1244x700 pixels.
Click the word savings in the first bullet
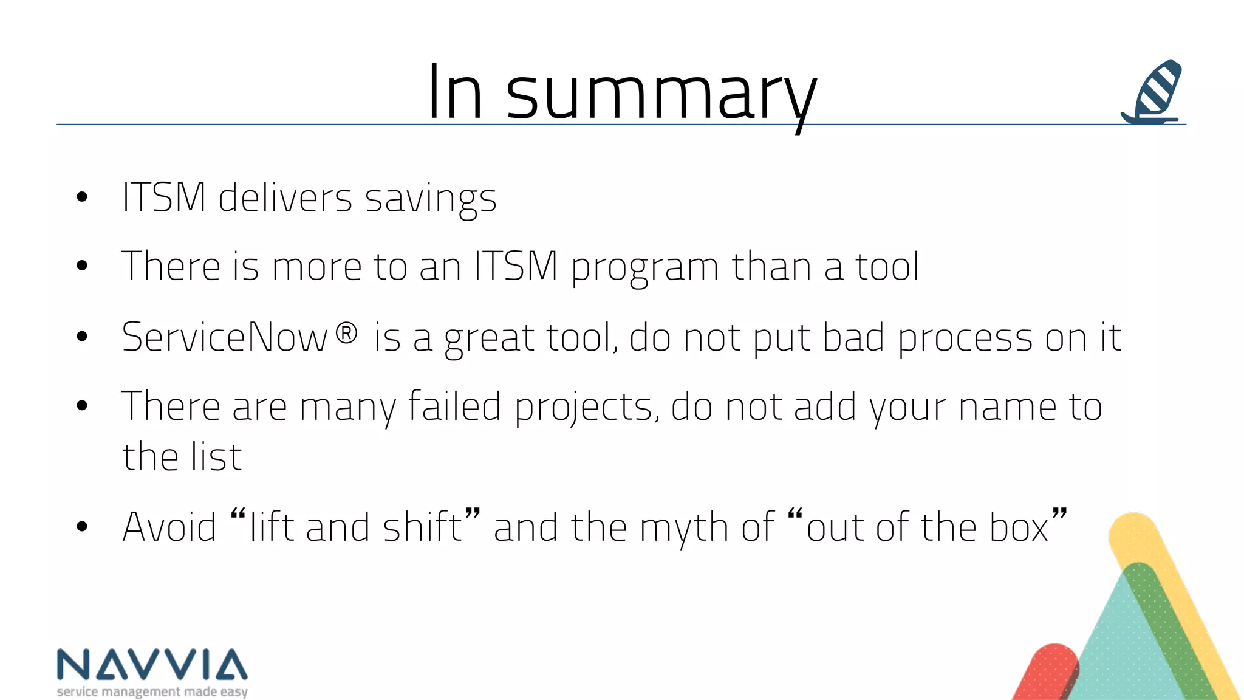[431, 199]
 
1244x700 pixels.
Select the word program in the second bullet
[645, 268]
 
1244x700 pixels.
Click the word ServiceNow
[225, 338]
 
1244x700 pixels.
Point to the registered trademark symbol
[346, 333]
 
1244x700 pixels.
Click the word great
[489, 339]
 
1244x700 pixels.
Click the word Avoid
[169, 527]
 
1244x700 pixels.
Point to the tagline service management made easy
[152, 691]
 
